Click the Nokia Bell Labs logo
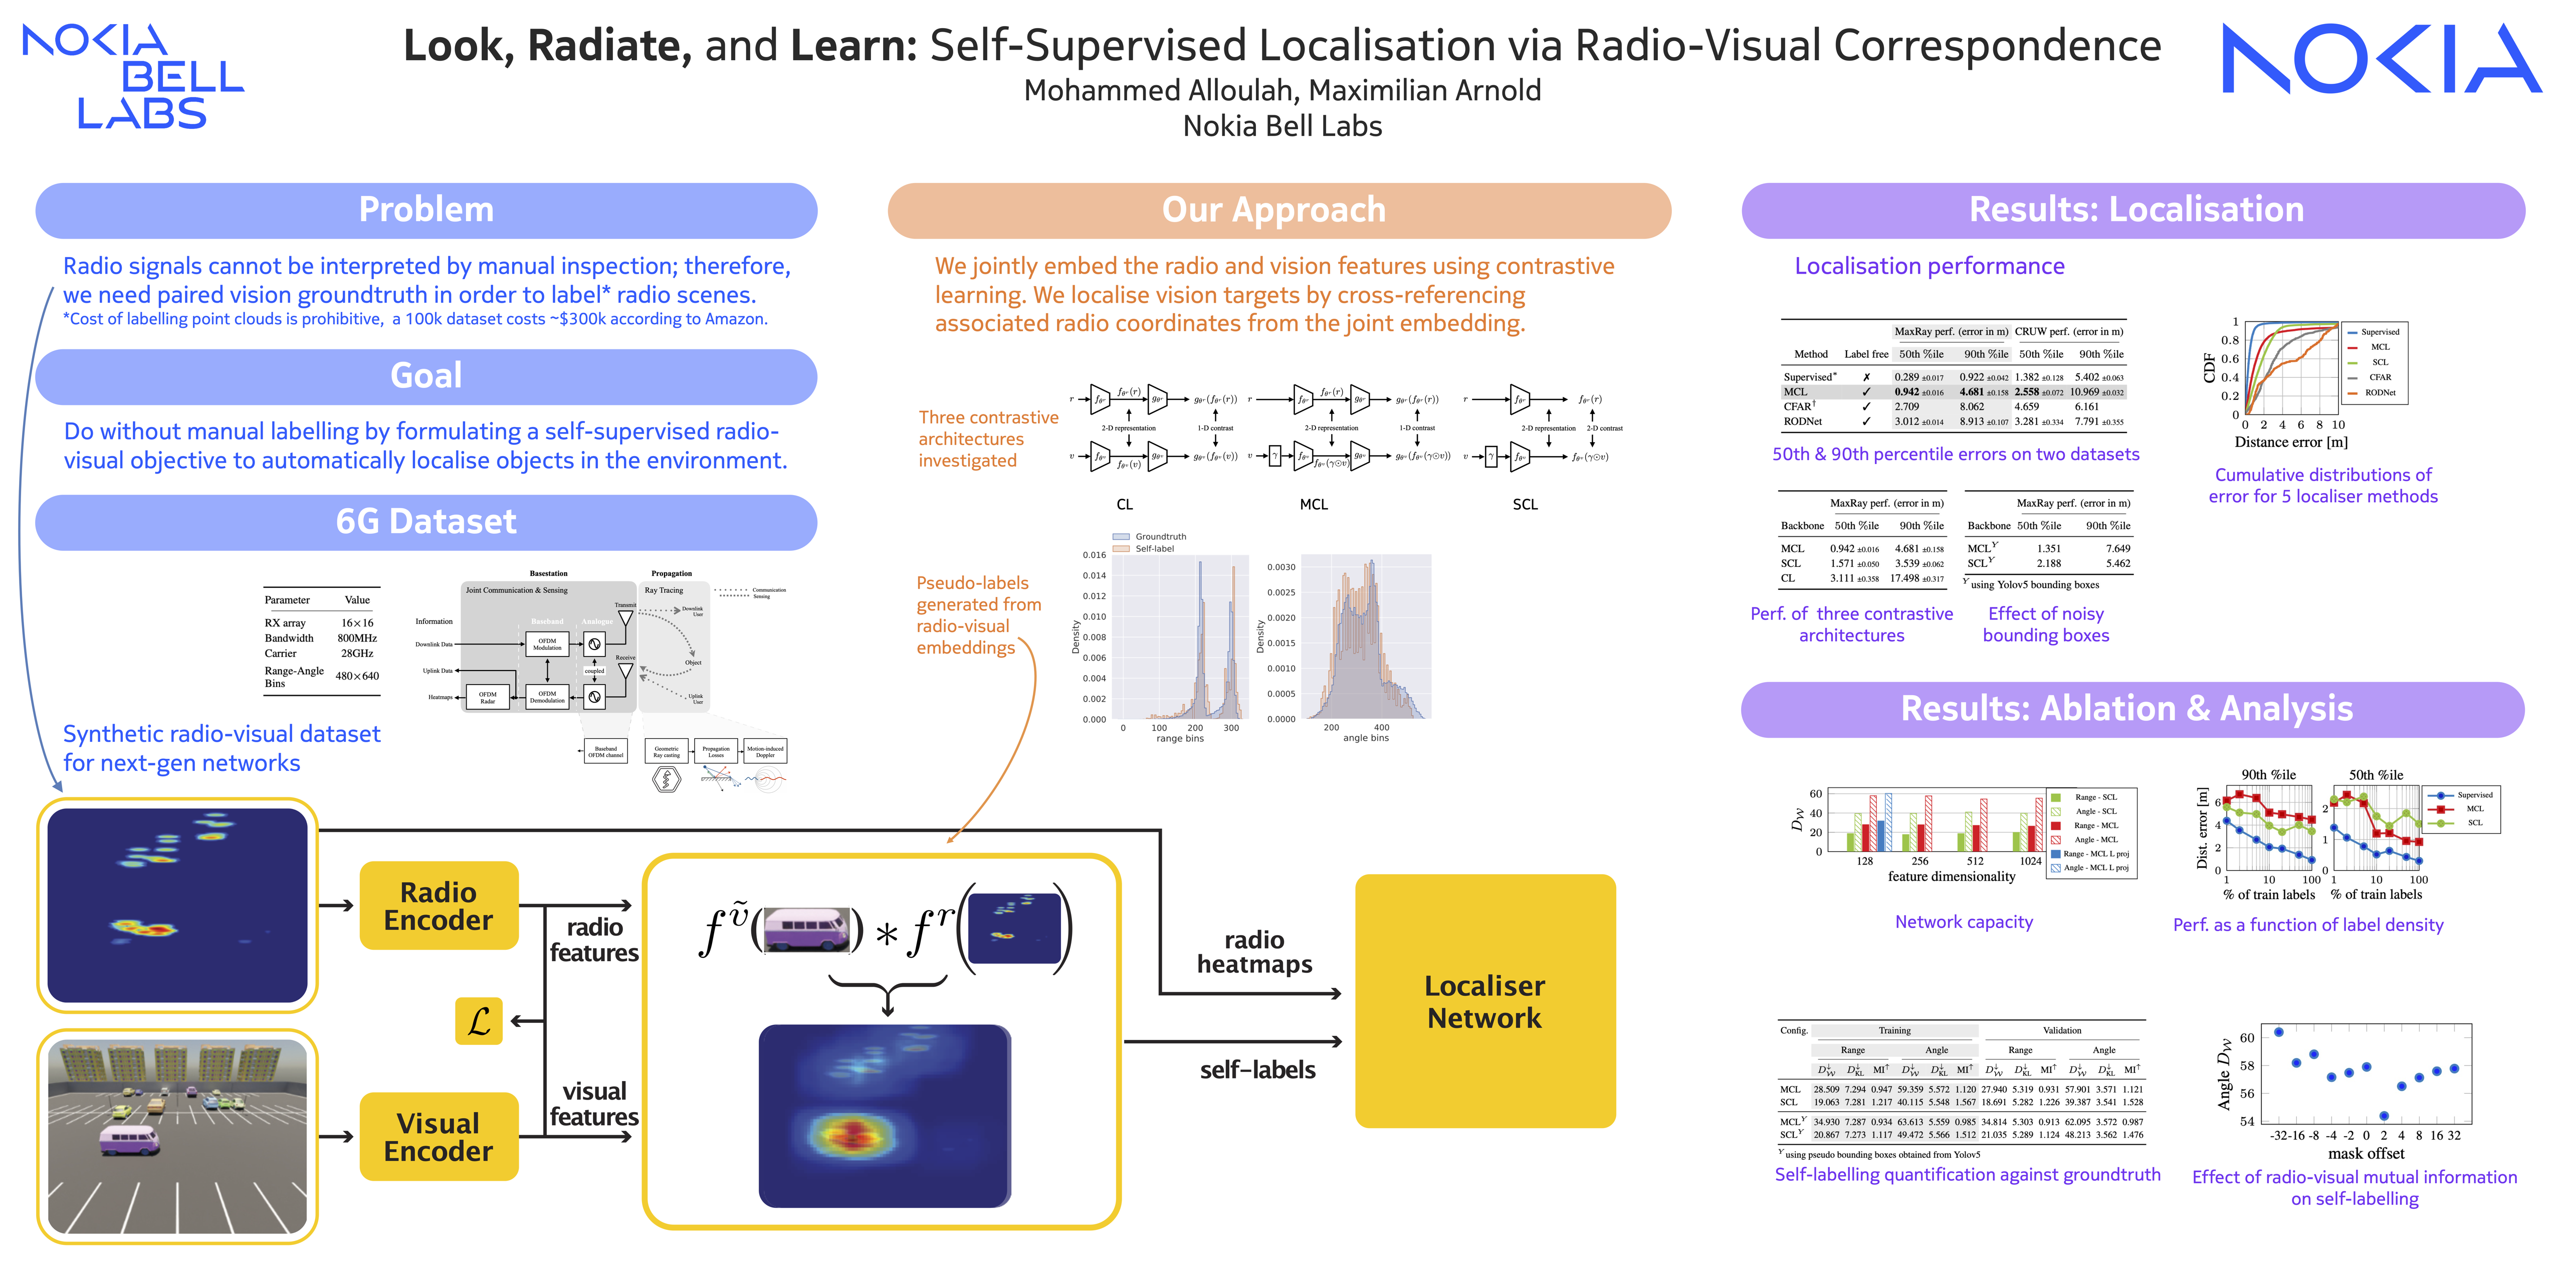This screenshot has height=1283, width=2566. tap(132, 77)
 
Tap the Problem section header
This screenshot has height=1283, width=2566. tap(426, 210)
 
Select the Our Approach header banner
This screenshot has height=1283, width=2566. tap(1278, 210)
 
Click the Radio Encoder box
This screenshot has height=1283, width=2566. tap(439, 906)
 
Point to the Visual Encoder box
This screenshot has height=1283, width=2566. tap(439, 1137)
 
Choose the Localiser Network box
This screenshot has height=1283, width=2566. tap(1484, 1001)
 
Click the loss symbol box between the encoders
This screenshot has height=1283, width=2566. tap(478, 1021)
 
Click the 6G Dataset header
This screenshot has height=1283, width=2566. tap(426, 522)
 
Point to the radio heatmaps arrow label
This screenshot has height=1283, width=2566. tap(1254, 952)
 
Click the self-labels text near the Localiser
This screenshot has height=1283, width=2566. tap(1257, 1070)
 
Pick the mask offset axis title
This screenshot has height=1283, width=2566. tap(2366, 1154)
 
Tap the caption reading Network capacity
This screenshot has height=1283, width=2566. tap(1964, 922)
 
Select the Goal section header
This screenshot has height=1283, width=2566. tap(426, 376)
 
